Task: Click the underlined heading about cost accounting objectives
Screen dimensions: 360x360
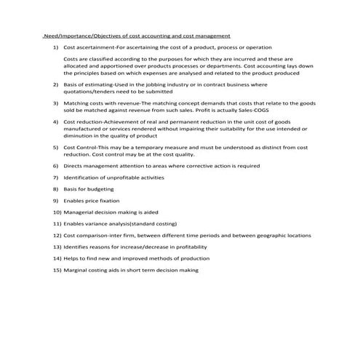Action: (137, 35)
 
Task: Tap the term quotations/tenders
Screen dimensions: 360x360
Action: (90, 92)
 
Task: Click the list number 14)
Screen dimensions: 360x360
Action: (57, 258)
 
